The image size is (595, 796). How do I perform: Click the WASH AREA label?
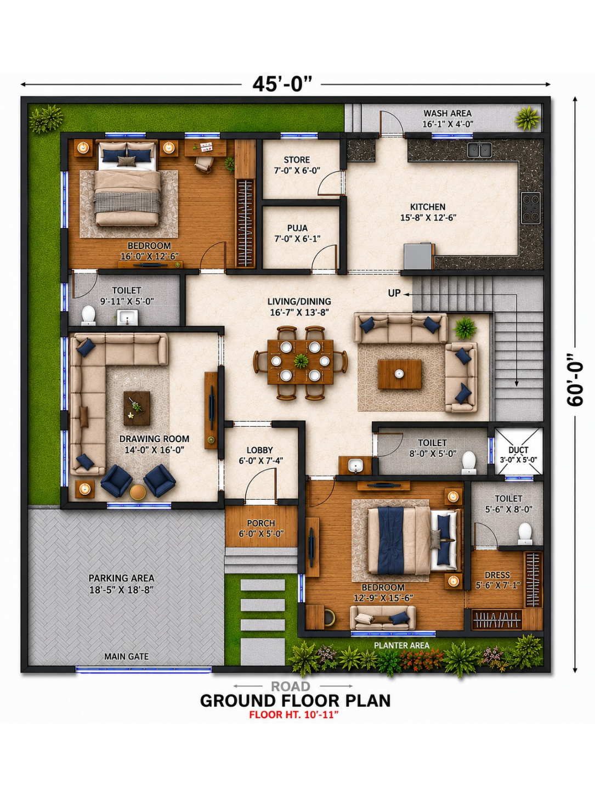click(x=447, y=114)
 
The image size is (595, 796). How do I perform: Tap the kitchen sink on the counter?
click(x=479, y=150)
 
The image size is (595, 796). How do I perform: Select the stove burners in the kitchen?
click(x=531, y=208)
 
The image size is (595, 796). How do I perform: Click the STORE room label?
click(x=297, y=160)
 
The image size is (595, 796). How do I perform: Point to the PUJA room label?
click(x=297, y=228)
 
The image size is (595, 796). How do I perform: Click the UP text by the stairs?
click(x=394, y=293)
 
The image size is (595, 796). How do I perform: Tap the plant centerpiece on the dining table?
click(x=301, y=361)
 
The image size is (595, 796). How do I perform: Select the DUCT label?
click(x=519, y=450)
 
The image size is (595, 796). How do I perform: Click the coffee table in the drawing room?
click(x=137, y=408)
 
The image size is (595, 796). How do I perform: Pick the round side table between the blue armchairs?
click(x=138, y=492)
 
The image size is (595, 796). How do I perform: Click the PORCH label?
click(x=261, y=523)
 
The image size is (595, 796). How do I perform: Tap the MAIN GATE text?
click(x=127, y=656)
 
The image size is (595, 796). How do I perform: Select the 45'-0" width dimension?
click(x=282, y=84)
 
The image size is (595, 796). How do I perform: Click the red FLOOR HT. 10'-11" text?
click(x=294, y=714)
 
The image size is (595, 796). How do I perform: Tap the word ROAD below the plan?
click(x=291, y=686)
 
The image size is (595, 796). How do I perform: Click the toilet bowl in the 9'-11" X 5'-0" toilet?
click(x=88, y=315)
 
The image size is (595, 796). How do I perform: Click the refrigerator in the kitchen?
click(x=418, y=256)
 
